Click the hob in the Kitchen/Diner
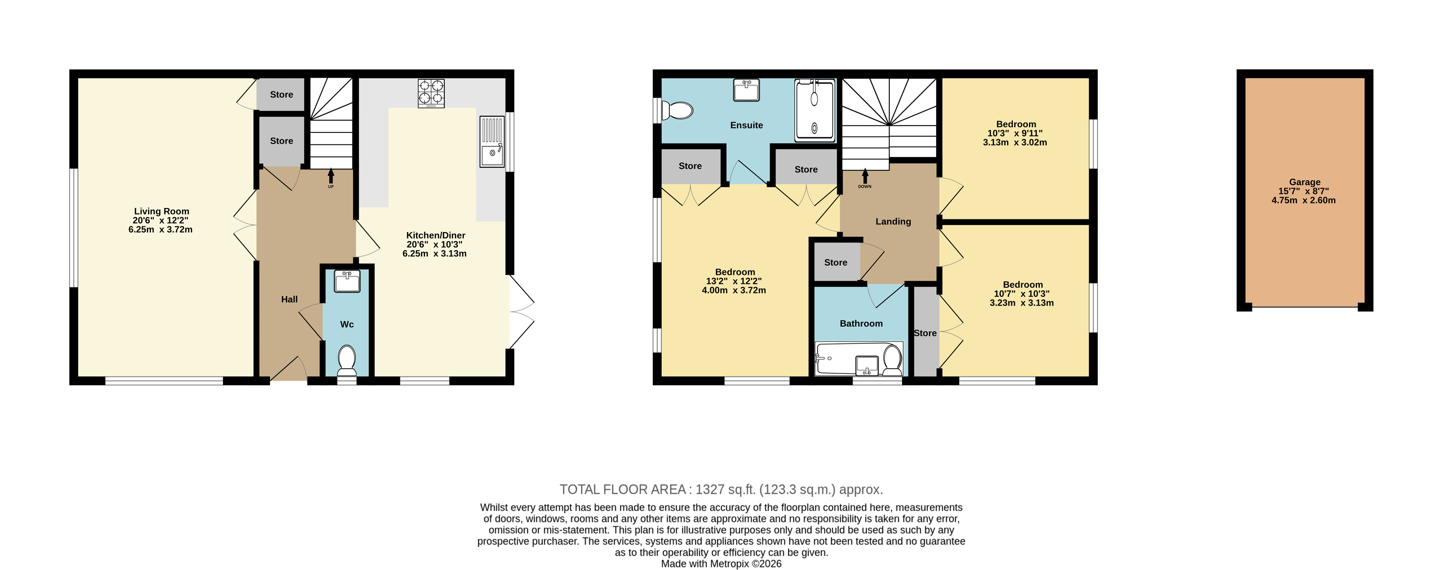click(431, 93)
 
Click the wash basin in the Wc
click(347, 281)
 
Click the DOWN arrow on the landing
click(865, 176)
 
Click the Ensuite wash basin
click(746, 90)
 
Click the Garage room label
click(1305, 182)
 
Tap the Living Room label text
click(161, 211)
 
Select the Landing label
click(893, 221)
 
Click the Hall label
click(289, 299)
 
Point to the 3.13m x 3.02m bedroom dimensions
click(1015, 142)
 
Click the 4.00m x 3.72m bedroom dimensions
click(734, 290)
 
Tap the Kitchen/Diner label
click(436, 235)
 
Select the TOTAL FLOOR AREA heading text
click(623, 489)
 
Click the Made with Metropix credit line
click(721, 564)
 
